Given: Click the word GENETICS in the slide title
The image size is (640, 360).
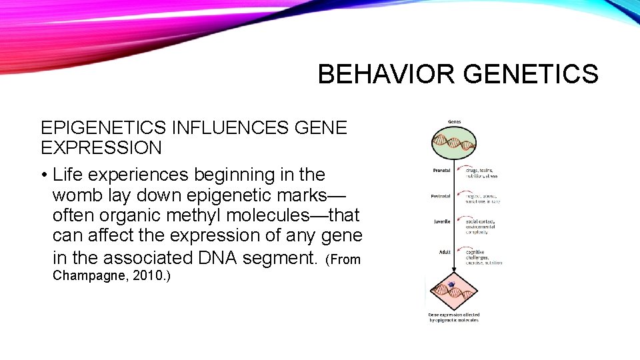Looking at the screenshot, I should pos(532,75).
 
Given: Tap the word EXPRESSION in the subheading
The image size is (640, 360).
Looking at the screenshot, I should pos(101,147).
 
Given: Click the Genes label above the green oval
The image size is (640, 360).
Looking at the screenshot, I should pos(453,122).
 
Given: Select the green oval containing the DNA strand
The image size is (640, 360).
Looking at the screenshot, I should pos(453,141).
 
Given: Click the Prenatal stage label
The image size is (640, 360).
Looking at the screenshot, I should pos(441,170).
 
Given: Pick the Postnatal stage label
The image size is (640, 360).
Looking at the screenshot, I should pos(441,196).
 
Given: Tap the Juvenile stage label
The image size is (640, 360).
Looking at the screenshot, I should pos(442,221).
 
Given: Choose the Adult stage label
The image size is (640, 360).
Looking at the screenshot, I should pos(444,252).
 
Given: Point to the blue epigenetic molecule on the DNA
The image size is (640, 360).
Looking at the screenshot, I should pos(451,285).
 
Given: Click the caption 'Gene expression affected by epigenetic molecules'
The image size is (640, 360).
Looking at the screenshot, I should pos(453,317).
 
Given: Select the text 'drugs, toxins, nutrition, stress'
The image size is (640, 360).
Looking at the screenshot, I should pos(481,173).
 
